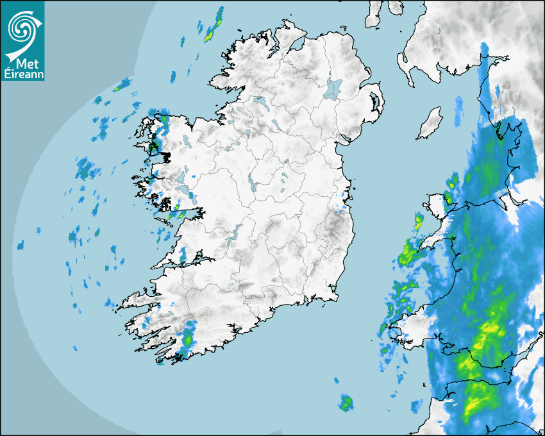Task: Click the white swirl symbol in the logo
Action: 22,28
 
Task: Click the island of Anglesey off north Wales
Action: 437,205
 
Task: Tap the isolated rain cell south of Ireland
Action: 346,403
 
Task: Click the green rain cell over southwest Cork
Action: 188,338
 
